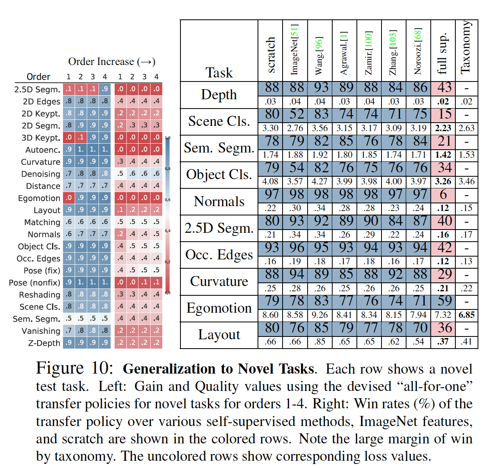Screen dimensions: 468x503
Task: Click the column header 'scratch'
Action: tap(271, 55)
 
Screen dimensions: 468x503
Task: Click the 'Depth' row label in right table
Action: tap(219, 94)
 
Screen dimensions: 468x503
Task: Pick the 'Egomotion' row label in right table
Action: tap(219, 308)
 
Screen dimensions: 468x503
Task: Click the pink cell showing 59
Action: tap(444, 301)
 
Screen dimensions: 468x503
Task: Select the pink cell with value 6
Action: tap(443, 195)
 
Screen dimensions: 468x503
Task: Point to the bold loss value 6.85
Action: tap(467, 315)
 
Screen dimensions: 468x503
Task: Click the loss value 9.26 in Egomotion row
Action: tap(320, 315)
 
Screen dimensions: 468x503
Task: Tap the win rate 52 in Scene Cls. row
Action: tap(296, 115)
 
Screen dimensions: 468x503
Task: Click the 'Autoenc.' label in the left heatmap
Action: tap(43, 150)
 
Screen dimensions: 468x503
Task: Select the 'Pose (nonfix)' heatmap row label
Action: tap(35, 283)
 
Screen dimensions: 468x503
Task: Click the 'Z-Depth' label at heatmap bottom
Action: tap(44, 343)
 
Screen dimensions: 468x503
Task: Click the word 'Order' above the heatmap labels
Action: tap(38, 77)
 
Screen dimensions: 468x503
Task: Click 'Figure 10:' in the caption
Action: tap(75, 368)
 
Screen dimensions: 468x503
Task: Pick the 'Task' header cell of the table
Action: tap(219, 73)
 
